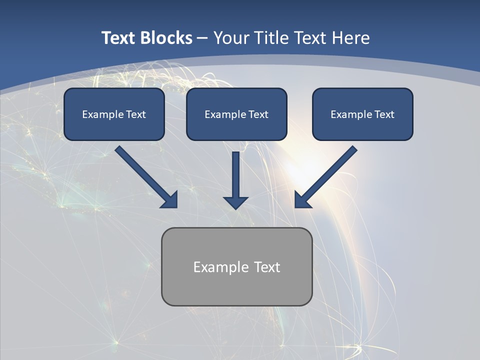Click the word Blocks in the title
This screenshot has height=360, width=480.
(x=166, y=38)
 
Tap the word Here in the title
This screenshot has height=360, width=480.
(x=351, y=38)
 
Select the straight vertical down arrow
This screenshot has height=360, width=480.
(x=236, y=172)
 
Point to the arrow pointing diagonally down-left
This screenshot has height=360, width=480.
(x=330, y=172)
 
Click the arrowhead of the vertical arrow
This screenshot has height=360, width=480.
(x=236, y=201)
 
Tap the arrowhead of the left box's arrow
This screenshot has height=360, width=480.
(x=170, y=200)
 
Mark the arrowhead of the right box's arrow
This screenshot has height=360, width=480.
(x=301, y=200)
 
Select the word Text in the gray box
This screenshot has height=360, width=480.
(x=267, y=267)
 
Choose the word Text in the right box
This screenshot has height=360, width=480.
(x=384, y=114)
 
